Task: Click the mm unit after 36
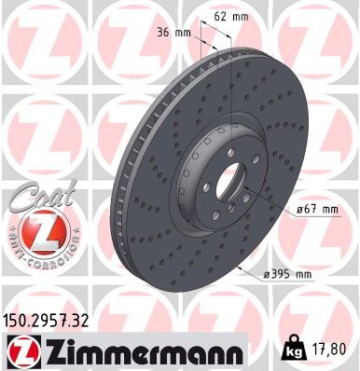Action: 183,34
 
